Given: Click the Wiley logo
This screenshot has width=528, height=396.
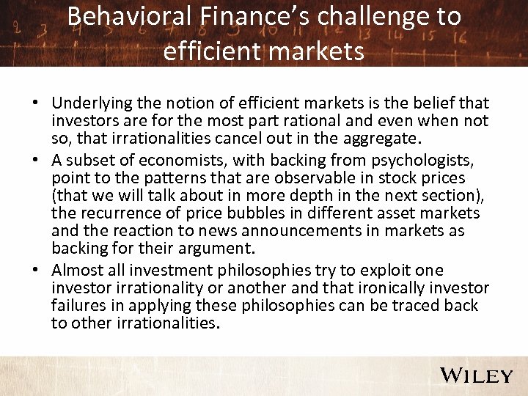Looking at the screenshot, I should pos(477,375).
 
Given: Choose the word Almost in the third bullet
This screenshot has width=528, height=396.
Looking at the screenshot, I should pos(78,271).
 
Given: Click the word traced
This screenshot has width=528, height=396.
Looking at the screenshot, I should pos(411,304).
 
